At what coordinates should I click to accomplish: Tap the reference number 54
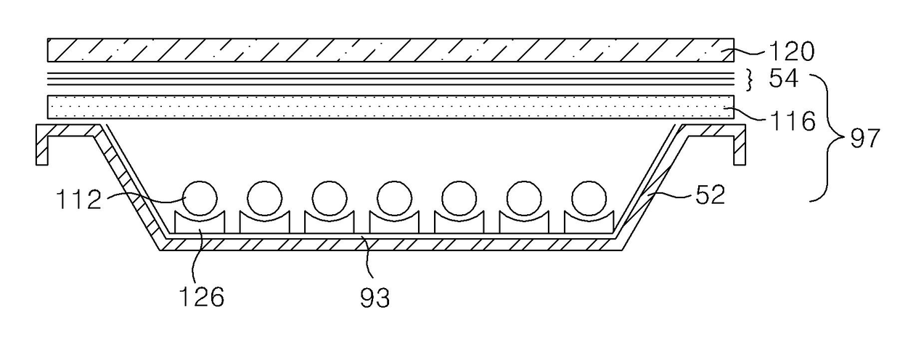tap(783, 78)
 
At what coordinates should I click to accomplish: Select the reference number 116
tap(791, 121)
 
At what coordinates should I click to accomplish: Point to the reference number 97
tap(864, 139)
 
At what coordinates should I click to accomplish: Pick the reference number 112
tap(78, 199)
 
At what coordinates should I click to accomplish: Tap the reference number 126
tap(201, 297)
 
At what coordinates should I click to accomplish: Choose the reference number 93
tap(375, 298)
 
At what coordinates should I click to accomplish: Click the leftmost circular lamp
tap(200, 198)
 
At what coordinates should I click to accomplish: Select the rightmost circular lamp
tap(589, 198)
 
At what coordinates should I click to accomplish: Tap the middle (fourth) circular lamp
tap(395, 198)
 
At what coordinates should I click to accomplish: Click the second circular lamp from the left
tap(264, 198)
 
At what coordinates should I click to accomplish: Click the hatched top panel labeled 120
tap(390, 50)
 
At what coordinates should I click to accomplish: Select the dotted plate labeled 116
tap(390, 107)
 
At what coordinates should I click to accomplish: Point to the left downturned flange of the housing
tap(42, 144)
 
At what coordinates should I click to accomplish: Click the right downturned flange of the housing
tap(740, 144)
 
